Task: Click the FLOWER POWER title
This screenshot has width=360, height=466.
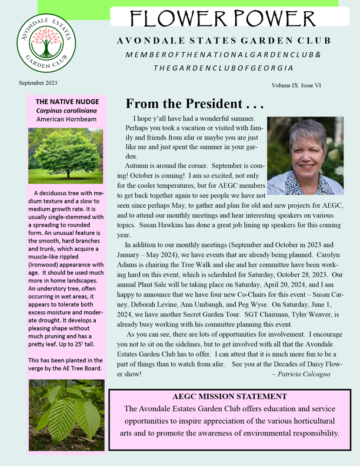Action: click(x=224, y=19)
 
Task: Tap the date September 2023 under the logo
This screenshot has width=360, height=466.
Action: click(x=38, y=83)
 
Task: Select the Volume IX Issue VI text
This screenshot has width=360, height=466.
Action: click(x=296, y=86)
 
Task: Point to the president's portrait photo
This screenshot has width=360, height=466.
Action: click(x=305, y=156)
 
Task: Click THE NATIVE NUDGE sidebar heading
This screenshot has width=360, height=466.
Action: click(x=66, y=102)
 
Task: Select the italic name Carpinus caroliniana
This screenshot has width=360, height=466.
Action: click(x=66, y=110)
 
